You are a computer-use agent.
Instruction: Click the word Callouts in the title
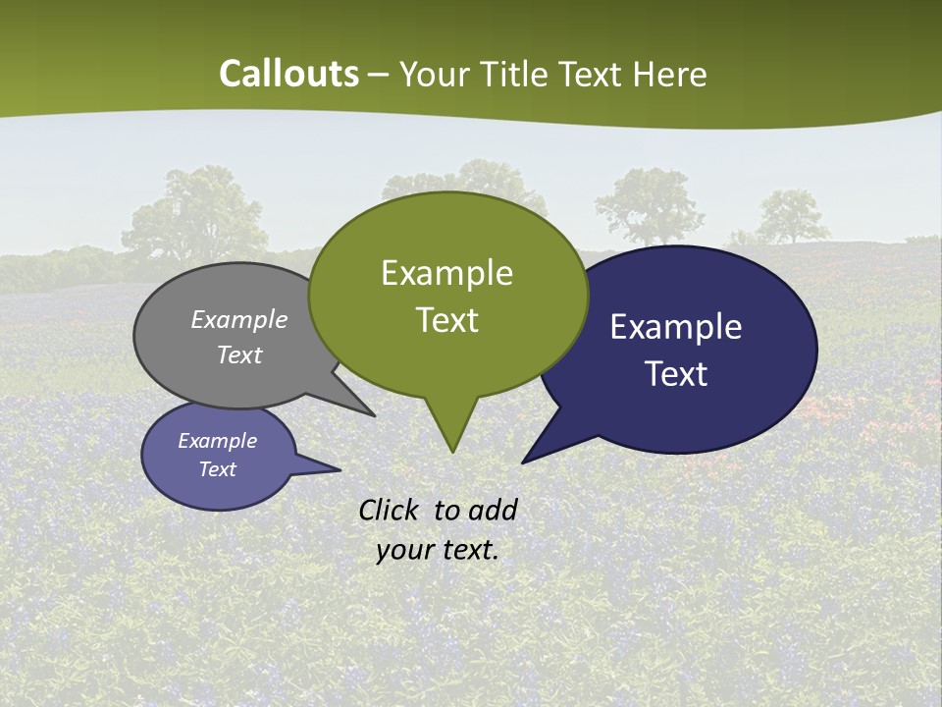(288, 74)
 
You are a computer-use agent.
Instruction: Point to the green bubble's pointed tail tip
(452, 452)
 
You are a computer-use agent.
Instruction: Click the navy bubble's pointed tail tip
(523, 462)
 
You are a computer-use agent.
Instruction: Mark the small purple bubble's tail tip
(340, 469)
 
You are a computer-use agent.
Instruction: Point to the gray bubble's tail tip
(374, 415)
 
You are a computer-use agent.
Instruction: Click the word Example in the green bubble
(446, 273)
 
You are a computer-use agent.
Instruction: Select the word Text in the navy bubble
(676, 374)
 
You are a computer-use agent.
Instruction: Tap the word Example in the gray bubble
(239, 319)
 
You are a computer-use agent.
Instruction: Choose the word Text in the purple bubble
(218, 469)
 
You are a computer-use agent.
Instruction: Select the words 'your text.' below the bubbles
(438, 550)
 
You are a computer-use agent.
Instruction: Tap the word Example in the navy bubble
(676, 327)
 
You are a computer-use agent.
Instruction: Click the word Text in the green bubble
(447, 320)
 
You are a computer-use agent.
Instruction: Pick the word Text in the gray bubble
(239, 354)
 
